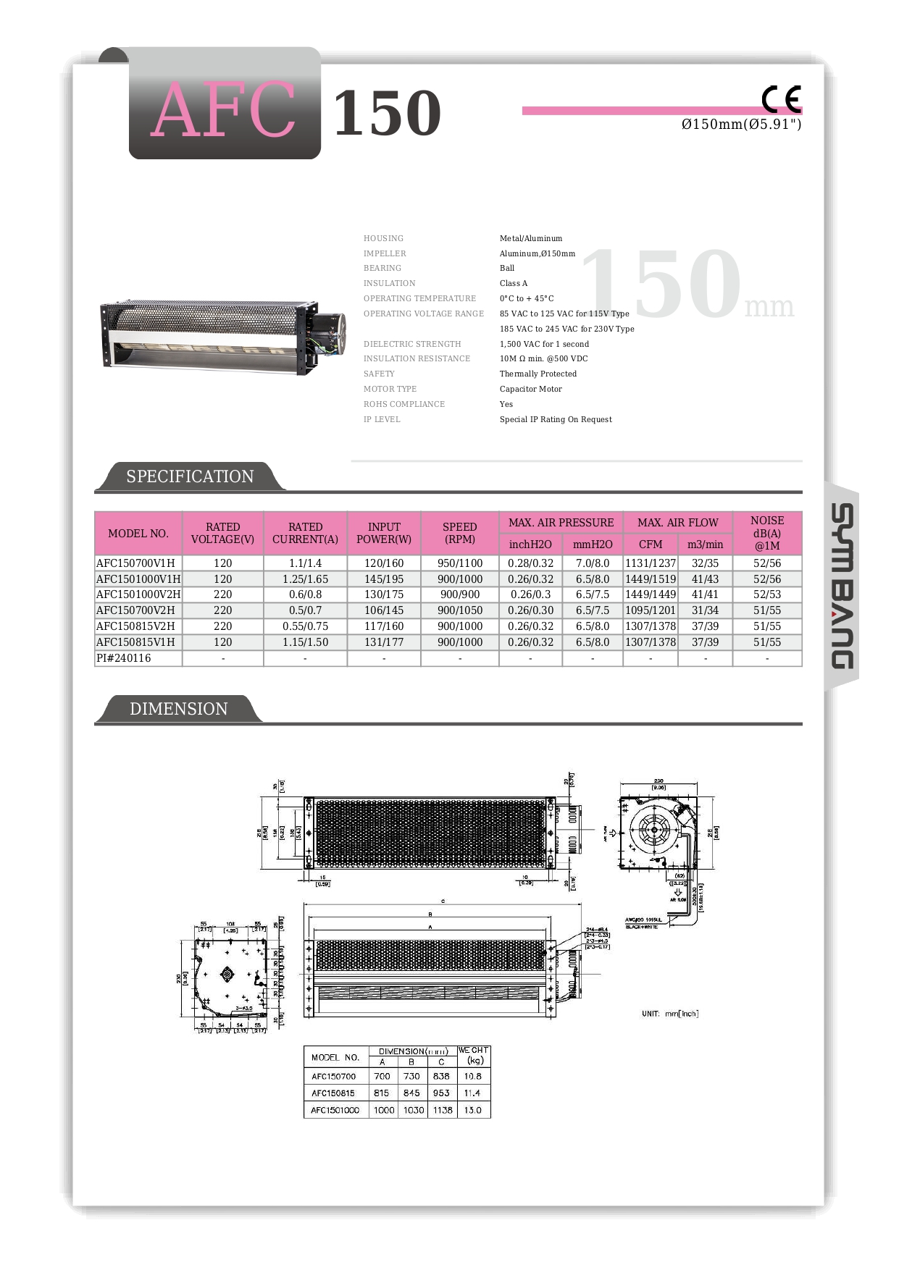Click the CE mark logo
point(781,99)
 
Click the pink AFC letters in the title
point(225,111)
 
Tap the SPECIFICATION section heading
point(190,476)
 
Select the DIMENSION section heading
point(178,709)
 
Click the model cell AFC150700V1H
point(136,563)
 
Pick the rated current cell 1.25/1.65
point(305,579)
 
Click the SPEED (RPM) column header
point(459,533)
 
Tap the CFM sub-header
point(651,544)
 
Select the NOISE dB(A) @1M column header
point(766,533)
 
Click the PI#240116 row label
point(124,658)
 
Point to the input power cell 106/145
point(384,610)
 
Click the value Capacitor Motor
point(530,389)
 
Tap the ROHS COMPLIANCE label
point(404,404)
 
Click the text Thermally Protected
point(538,374)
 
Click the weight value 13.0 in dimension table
point(472,1110)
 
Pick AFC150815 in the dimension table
point(333,1093)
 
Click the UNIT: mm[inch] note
point(670,1014)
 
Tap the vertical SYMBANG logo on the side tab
point(842,586)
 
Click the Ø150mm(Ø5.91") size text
point(741,125)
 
